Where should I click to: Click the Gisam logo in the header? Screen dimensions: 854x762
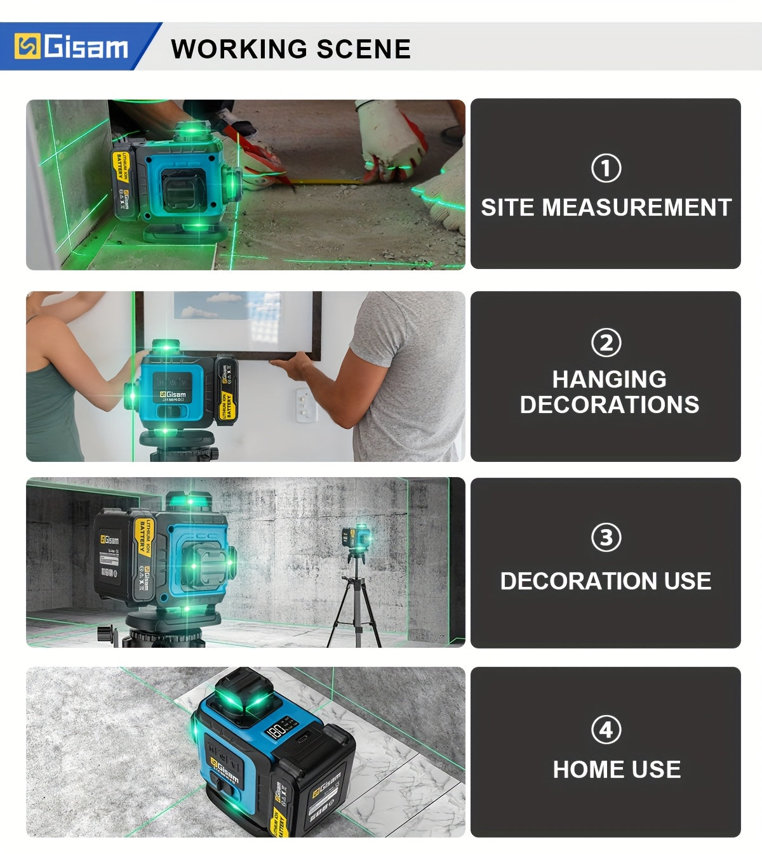pyautogui.click(x=71, y=47)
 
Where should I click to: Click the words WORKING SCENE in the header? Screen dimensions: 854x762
pyautogui.click(x=291, y=49)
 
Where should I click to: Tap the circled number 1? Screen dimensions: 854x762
pyautogui.click(x=606, y=169)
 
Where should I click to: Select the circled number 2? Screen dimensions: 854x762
pyautogui.click(x=606, y=343)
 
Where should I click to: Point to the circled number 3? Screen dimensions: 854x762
pyautogui.click(x=606, y=537)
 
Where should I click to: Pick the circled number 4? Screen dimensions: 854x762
pyautogui.click(x=606, y=730)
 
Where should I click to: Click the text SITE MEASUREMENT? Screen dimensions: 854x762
pyautogui.click(x=606, y=207)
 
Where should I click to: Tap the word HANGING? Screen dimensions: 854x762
pyautogui.click(x=609, y=379)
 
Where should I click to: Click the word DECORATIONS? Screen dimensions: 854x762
pyautogui.click(x=609, y=405)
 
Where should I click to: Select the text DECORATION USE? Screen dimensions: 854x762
pyautogui.click(x=605, y=581)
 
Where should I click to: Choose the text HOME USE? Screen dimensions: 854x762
pyautogui.click(x=617, y=770)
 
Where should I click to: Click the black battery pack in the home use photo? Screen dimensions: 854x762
pyautogui.click(x=324, y=793)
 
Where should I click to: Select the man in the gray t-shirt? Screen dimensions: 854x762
pyautogui.click(x=400, y=374)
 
